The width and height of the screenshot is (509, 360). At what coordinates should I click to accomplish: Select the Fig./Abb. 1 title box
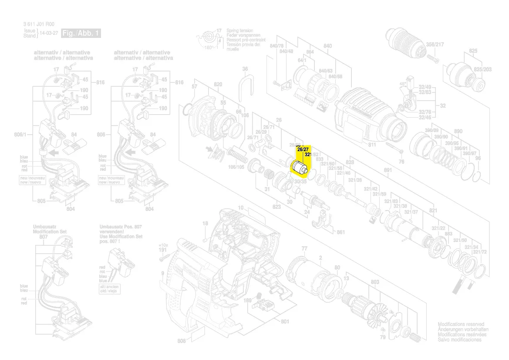click(x=81, y=33)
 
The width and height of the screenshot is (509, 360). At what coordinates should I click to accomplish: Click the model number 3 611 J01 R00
click(x=39, y=24)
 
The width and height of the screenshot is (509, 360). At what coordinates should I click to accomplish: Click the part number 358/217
click(x=435, y=44)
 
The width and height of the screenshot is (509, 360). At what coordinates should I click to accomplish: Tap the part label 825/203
click(x=483, y=70)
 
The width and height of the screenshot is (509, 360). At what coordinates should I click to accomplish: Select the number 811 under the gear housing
click(x=372, y=144)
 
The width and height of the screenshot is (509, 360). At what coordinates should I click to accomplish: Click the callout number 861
click(x=341, y=232)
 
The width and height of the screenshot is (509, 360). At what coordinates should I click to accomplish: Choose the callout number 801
click(x=285, y=322)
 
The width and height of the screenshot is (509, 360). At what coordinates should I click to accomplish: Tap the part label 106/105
click(x=237, y=167)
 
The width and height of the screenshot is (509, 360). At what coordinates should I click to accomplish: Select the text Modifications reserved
click(x=461, y=325)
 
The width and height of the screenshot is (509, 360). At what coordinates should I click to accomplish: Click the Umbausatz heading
click(x=45, y=227)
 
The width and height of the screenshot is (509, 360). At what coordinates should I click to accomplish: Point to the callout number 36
click(x=245, y=69)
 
